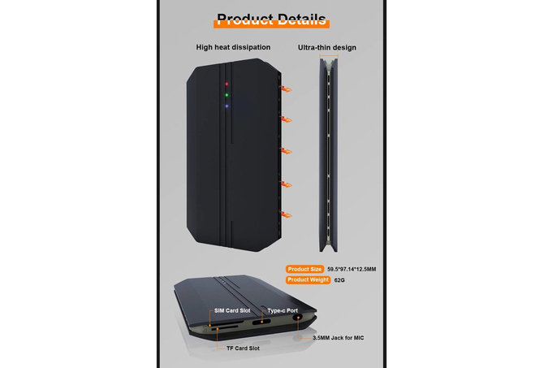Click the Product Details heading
(x=271, y=19)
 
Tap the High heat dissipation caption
(x=233, y=47)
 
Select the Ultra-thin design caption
(x=327, y=48)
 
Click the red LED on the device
(x=227, y=84)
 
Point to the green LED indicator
(x=227, y=95)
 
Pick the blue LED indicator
(x=227, y=106)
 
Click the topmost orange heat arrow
(x=286, y=89)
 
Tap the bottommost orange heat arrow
(x=286, y=214)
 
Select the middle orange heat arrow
(x=286, y=151)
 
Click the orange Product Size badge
(x=304, y=269)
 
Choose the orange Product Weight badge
(x=308, y=279)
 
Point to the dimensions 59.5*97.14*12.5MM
(x=352, y=269)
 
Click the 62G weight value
(x=339, y=280)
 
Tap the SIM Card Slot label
(x=232, y=310)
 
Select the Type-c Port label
(x=283, y=310)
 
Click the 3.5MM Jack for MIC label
(x=339, y=338)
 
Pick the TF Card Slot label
(x=243, y=349)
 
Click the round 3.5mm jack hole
(x=296, y=318)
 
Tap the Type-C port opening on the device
(x=261, y=322)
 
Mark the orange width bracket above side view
(x=329, y=55)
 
